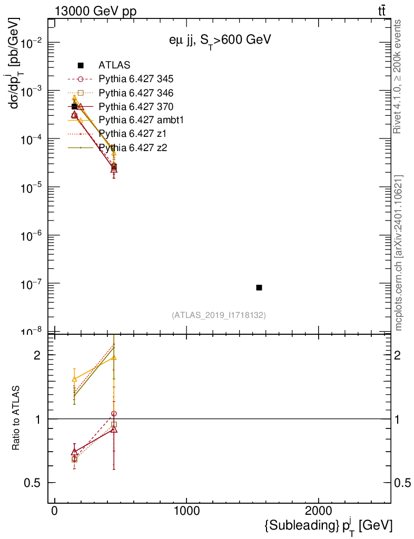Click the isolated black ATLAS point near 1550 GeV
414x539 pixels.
point(259,287)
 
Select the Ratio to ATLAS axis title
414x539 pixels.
point(16,418)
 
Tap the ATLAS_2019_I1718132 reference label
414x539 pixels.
point(219,315)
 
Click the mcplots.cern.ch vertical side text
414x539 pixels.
point(398,253)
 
